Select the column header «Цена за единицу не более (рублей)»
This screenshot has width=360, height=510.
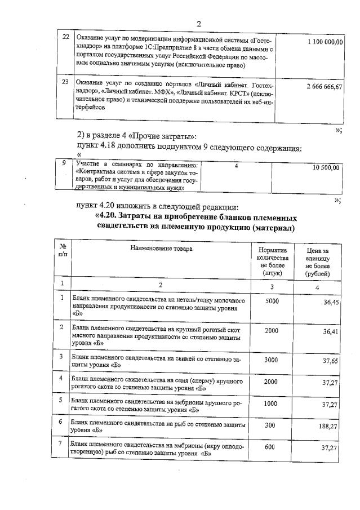(x=318, y=261)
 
